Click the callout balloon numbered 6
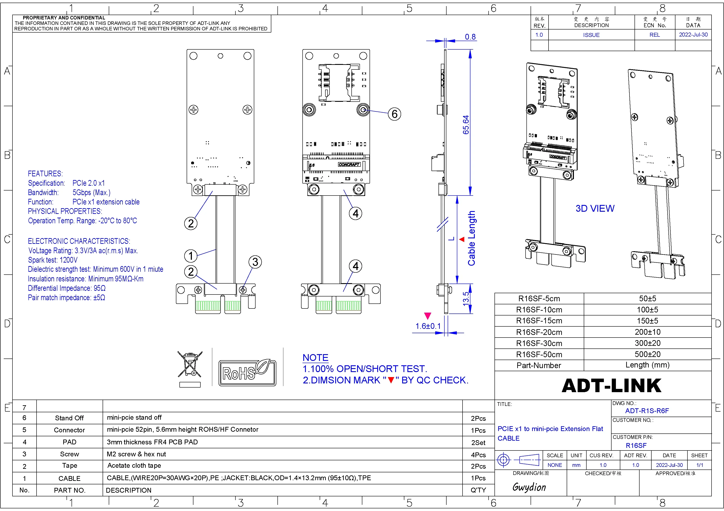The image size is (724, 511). (x=394, y=114)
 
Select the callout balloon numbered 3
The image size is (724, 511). (x=255, y=262)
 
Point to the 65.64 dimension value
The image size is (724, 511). (x=466, y=125)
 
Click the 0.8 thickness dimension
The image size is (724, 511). (x=470, y=37)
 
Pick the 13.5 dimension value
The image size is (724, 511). (x=466, y=298)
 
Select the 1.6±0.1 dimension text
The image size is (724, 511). (x=428, y=326)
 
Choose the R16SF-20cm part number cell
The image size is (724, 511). (x=539, y=332)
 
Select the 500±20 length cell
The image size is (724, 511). (x=647, y=354)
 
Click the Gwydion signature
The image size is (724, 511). (x=529, y=487)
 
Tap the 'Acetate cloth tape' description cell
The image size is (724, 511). (x=134, y=465)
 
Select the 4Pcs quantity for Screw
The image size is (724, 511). (x=478, y=455)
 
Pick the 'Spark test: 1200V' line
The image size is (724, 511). (x=53, y=260)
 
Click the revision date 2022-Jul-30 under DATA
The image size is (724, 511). (x=693, y=35)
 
